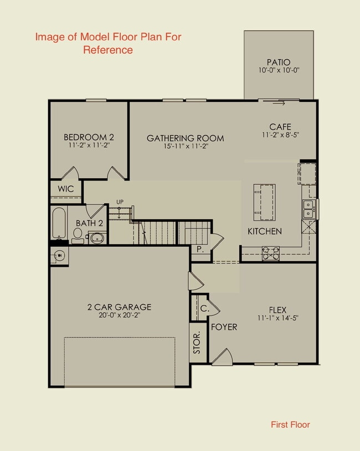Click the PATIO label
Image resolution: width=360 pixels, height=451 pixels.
(279, 62)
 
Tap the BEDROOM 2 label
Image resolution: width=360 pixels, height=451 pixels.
(89, 137)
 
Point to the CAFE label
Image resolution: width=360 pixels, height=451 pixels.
(280, 127)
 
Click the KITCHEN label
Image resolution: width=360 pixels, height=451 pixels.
(264, 231)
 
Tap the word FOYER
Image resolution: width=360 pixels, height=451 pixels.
(224, 327)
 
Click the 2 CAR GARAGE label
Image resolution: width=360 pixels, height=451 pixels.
(119, 307)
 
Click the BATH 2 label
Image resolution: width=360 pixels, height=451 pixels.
(90, 223)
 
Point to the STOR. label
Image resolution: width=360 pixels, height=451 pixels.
(197, 344)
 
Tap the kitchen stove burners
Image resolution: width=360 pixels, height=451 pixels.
(270, 253)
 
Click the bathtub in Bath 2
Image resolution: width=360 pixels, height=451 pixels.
(58, 223)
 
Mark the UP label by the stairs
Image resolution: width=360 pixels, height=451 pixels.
(119, 201)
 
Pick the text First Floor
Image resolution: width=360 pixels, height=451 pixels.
(290, 425)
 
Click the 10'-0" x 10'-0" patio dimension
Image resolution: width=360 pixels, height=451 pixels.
(279, 71)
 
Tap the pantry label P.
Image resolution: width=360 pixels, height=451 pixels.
(199, 250)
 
